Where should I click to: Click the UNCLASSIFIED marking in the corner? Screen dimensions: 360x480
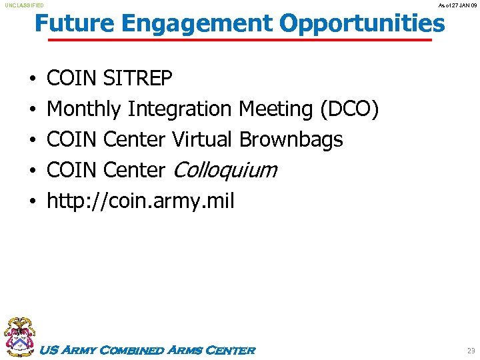tap(25, 5)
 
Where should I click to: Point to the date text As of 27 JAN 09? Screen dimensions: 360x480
tap(458, 5)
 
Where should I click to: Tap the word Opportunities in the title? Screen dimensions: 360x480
tap(362, 24)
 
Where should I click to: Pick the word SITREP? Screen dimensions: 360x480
tap(138, 79)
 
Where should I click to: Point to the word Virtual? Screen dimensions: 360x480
tap(203, 139)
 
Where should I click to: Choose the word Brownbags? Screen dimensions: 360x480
tap(291, 139)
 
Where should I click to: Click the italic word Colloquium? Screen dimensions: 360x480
tap(224, 171)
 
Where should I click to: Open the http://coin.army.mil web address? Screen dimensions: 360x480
tap(140, 201)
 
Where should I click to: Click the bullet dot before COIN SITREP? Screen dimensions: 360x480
tap(33, 80)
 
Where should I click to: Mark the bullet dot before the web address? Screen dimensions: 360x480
tap(33, 201)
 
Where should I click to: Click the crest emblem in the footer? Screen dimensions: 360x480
tap(19, 336)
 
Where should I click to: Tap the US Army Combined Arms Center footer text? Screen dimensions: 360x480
tap(147, 350)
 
